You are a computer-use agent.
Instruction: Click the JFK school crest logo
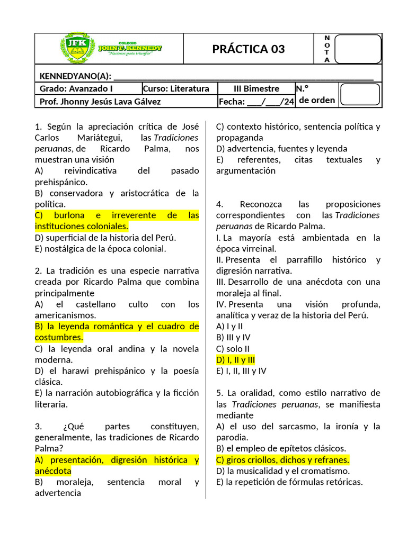click(77, 49)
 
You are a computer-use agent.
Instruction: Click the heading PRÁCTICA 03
click(249, 49)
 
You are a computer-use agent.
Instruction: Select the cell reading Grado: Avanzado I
click(76, 88)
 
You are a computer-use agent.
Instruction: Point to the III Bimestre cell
click(256, 88)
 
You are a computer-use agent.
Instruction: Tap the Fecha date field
click(256, 101)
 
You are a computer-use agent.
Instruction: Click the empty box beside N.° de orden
click(359, 95)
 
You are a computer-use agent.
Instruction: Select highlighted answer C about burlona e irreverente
click(117, 221)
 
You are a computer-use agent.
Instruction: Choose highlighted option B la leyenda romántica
click(117, 332)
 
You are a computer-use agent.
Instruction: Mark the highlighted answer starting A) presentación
click(117, 465)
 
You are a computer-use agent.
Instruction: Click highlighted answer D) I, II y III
click(236, 360)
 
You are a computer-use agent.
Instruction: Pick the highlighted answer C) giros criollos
click(282, 459)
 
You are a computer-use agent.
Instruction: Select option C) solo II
click(233, 349)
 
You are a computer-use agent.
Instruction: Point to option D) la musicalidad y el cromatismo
click(282, 471)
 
